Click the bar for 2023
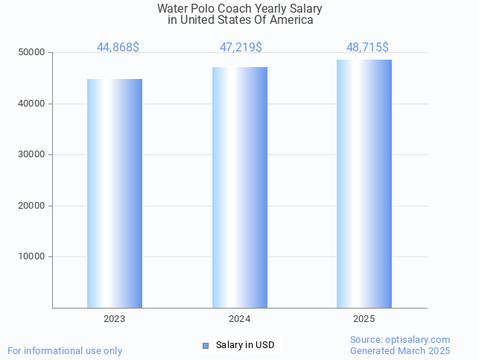coord(115,193)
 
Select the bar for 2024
coord(240,187)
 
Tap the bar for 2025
coord(364,183)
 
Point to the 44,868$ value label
coord(118,48)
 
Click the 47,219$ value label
coord(241,48)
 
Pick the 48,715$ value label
coord(367,48)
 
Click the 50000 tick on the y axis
coord(32,53)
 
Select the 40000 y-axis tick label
coord(32,104)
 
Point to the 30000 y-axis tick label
coord(32,154)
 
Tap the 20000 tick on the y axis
coord(32,206)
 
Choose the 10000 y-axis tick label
coord(32,256)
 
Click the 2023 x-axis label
coord(114,319)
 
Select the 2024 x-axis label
coord(239,319)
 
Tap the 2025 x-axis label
coord(364,319)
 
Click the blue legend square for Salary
coord(206,346)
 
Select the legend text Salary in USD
coord(245,345)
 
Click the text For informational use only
coord(65,350)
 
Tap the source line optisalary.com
coord(400,340)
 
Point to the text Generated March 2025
coord(400,350)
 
